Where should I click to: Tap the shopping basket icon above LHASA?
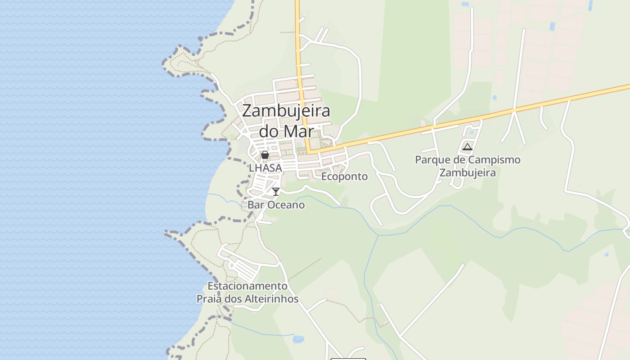265,155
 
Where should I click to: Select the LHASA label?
265,168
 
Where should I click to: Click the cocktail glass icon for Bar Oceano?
276,192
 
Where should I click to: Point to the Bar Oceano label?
276,205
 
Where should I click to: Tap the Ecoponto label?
344,176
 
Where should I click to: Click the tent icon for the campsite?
468,147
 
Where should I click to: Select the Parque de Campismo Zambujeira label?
468,166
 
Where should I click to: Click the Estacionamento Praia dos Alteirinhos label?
247,292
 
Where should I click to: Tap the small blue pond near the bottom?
298,339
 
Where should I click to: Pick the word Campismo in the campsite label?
494,160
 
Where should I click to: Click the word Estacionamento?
247,286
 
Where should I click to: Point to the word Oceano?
286,205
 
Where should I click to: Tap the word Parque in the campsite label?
430,160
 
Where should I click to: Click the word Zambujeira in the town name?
286,111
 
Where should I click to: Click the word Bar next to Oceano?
256,205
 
